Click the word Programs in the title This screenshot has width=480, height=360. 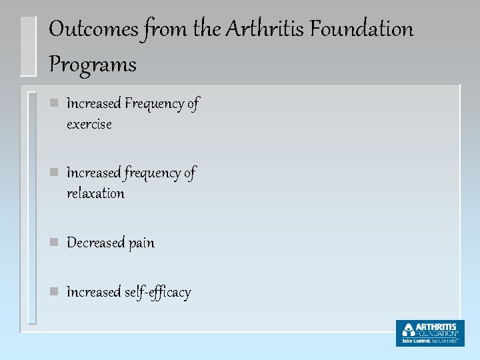coord(93,65)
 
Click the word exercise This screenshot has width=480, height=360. coord(89,125)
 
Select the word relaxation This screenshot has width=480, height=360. coord(95,194)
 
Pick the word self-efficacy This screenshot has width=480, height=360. coord(158,293)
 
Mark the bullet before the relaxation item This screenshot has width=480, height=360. coord(55,173)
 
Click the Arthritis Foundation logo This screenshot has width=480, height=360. coord(429,333)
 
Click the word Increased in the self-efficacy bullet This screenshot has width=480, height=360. coord(94,293)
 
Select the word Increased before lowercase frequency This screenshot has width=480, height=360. coord(94,173)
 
